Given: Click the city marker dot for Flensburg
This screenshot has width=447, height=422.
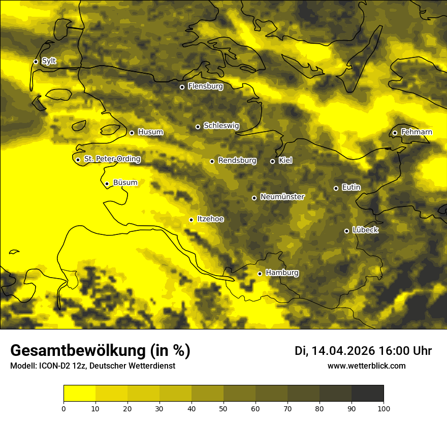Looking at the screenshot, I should tap(182, 87).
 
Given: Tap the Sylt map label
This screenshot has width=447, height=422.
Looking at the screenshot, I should tap(49, 61).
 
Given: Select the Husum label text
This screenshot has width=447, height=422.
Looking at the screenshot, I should tap(150, 132).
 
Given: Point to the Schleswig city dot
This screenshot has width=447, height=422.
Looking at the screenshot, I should tap(198, 127).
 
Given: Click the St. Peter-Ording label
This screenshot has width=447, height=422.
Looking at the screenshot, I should tap(112, 159).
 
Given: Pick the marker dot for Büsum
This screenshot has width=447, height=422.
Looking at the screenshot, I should tap(107, 184).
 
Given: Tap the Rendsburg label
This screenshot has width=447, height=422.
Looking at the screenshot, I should tap(237, 161).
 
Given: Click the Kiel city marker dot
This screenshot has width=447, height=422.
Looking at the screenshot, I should tap(272, 161).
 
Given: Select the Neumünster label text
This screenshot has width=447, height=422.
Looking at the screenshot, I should tap(282, 197).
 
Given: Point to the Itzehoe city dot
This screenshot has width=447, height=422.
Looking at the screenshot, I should tap(191, 220).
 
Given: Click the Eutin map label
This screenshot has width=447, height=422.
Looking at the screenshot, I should tap(351, 188).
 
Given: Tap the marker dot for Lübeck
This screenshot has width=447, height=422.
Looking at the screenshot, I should tap(346, 231).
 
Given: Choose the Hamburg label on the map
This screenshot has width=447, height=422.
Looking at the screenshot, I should tap(282, 273).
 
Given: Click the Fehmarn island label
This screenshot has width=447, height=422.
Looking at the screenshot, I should tap(417, 132).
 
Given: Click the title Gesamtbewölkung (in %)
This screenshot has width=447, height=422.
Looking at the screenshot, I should tap(100, 351).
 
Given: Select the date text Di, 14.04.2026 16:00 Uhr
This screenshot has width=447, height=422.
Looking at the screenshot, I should tap(363, 351).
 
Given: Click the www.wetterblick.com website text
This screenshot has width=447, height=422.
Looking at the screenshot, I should tap(366, 366).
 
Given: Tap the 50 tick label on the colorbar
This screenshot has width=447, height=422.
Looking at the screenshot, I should tap(223, 408).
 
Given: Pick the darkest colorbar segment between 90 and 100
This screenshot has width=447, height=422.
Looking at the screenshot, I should tap(367, 394).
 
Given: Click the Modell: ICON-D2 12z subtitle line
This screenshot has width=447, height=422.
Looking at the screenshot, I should tap(92, 366).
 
